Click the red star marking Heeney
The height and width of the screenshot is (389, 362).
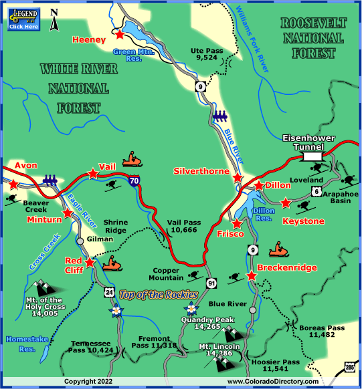(x=120, y=33)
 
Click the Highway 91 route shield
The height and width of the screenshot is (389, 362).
(x=211, y=282)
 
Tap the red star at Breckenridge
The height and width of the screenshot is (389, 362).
(x=252, y=275)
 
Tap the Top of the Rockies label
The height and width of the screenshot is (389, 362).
(x=159, y=294)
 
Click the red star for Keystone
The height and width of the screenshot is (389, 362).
(x=286, y=202)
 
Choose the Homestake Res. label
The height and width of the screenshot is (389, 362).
(x=27, y=344)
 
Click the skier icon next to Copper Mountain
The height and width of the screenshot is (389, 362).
(x=194, y=276)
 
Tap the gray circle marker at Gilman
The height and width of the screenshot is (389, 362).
(x=80, y=240)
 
